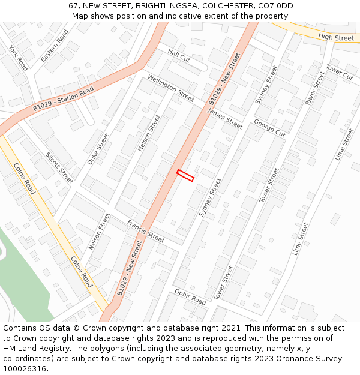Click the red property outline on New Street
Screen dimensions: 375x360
[x=185, y=175]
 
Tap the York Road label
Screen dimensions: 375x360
[x=19, y=57]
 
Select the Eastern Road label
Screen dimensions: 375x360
[x=55, y=46]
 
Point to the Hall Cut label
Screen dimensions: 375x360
[x=178, y=56]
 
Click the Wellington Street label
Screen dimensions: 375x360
[x=170, y=88]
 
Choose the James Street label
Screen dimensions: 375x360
[x=225, y=119]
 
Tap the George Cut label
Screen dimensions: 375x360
[x=269, y=128]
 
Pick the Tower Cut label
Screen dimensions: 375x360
[x=339, y=72]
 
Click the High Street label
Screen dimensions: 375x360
[x=336, y=38]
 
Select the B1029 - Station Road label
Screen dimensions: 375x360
[x=64, y=99]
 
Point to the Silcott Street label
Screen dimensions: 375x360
[x=59, y=167]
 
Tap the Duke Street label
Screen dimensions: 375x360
[x=98, y=149]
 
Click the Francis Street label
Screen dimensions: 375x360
[x=145, y=231]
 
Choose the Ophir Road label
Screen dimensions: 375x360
[x=190, y=297]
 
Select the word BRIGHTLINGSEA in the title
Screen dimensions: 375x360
[x=167, y=5]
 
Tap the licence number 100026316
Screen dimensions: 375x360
[x=25, y=368]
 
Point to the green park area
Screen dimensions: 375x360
[x=27, y=282]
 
